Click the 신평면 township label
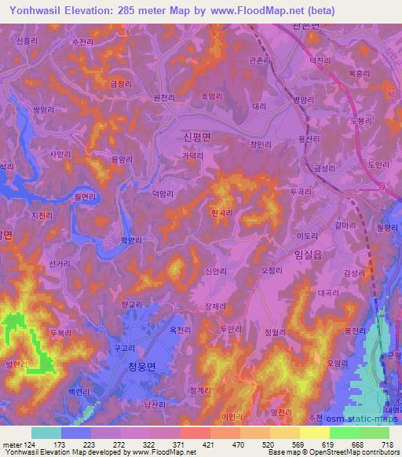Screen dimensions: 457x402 coord(198,137)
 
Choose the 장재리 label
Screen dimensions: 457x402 coord(214,306)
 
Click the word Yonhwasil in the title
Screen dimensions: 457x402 coord(36,10)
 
